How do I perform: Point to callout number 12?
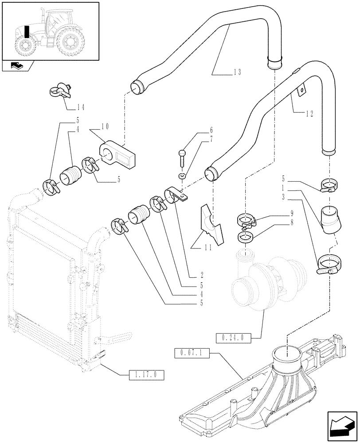(x=309, y=113)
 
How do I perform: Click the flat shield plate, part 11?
(x=211, y=224)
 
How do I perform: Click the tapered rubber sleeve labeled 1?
(x=331, y=219)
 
